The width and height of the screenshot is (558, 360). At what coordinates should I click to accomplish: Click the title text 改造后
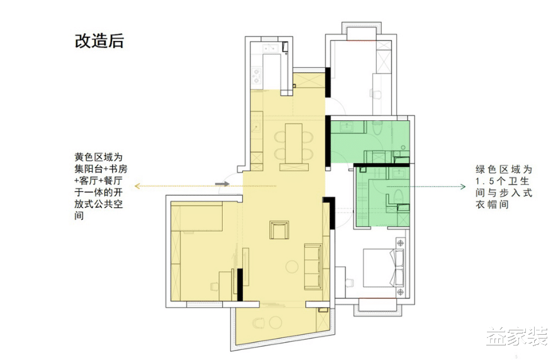[99, 42]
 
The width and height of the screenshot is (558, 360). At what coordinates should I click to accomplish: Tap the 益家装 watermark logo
[516, 336]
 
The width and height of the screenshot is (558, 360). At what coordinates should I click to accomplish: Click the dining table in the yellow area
[293, 145]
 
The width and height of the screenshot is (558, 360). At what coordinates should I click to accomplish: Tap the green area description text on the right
[504, 188]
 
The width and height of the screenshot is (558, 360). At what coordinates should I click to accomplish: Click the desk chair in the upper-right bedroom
[376, 94]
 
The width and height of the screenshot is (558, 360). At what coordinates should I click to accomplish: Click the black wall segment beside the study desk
[240, 283]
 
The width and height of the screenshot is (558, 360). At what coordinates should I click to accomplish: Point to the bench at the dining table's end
[293, 169]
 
